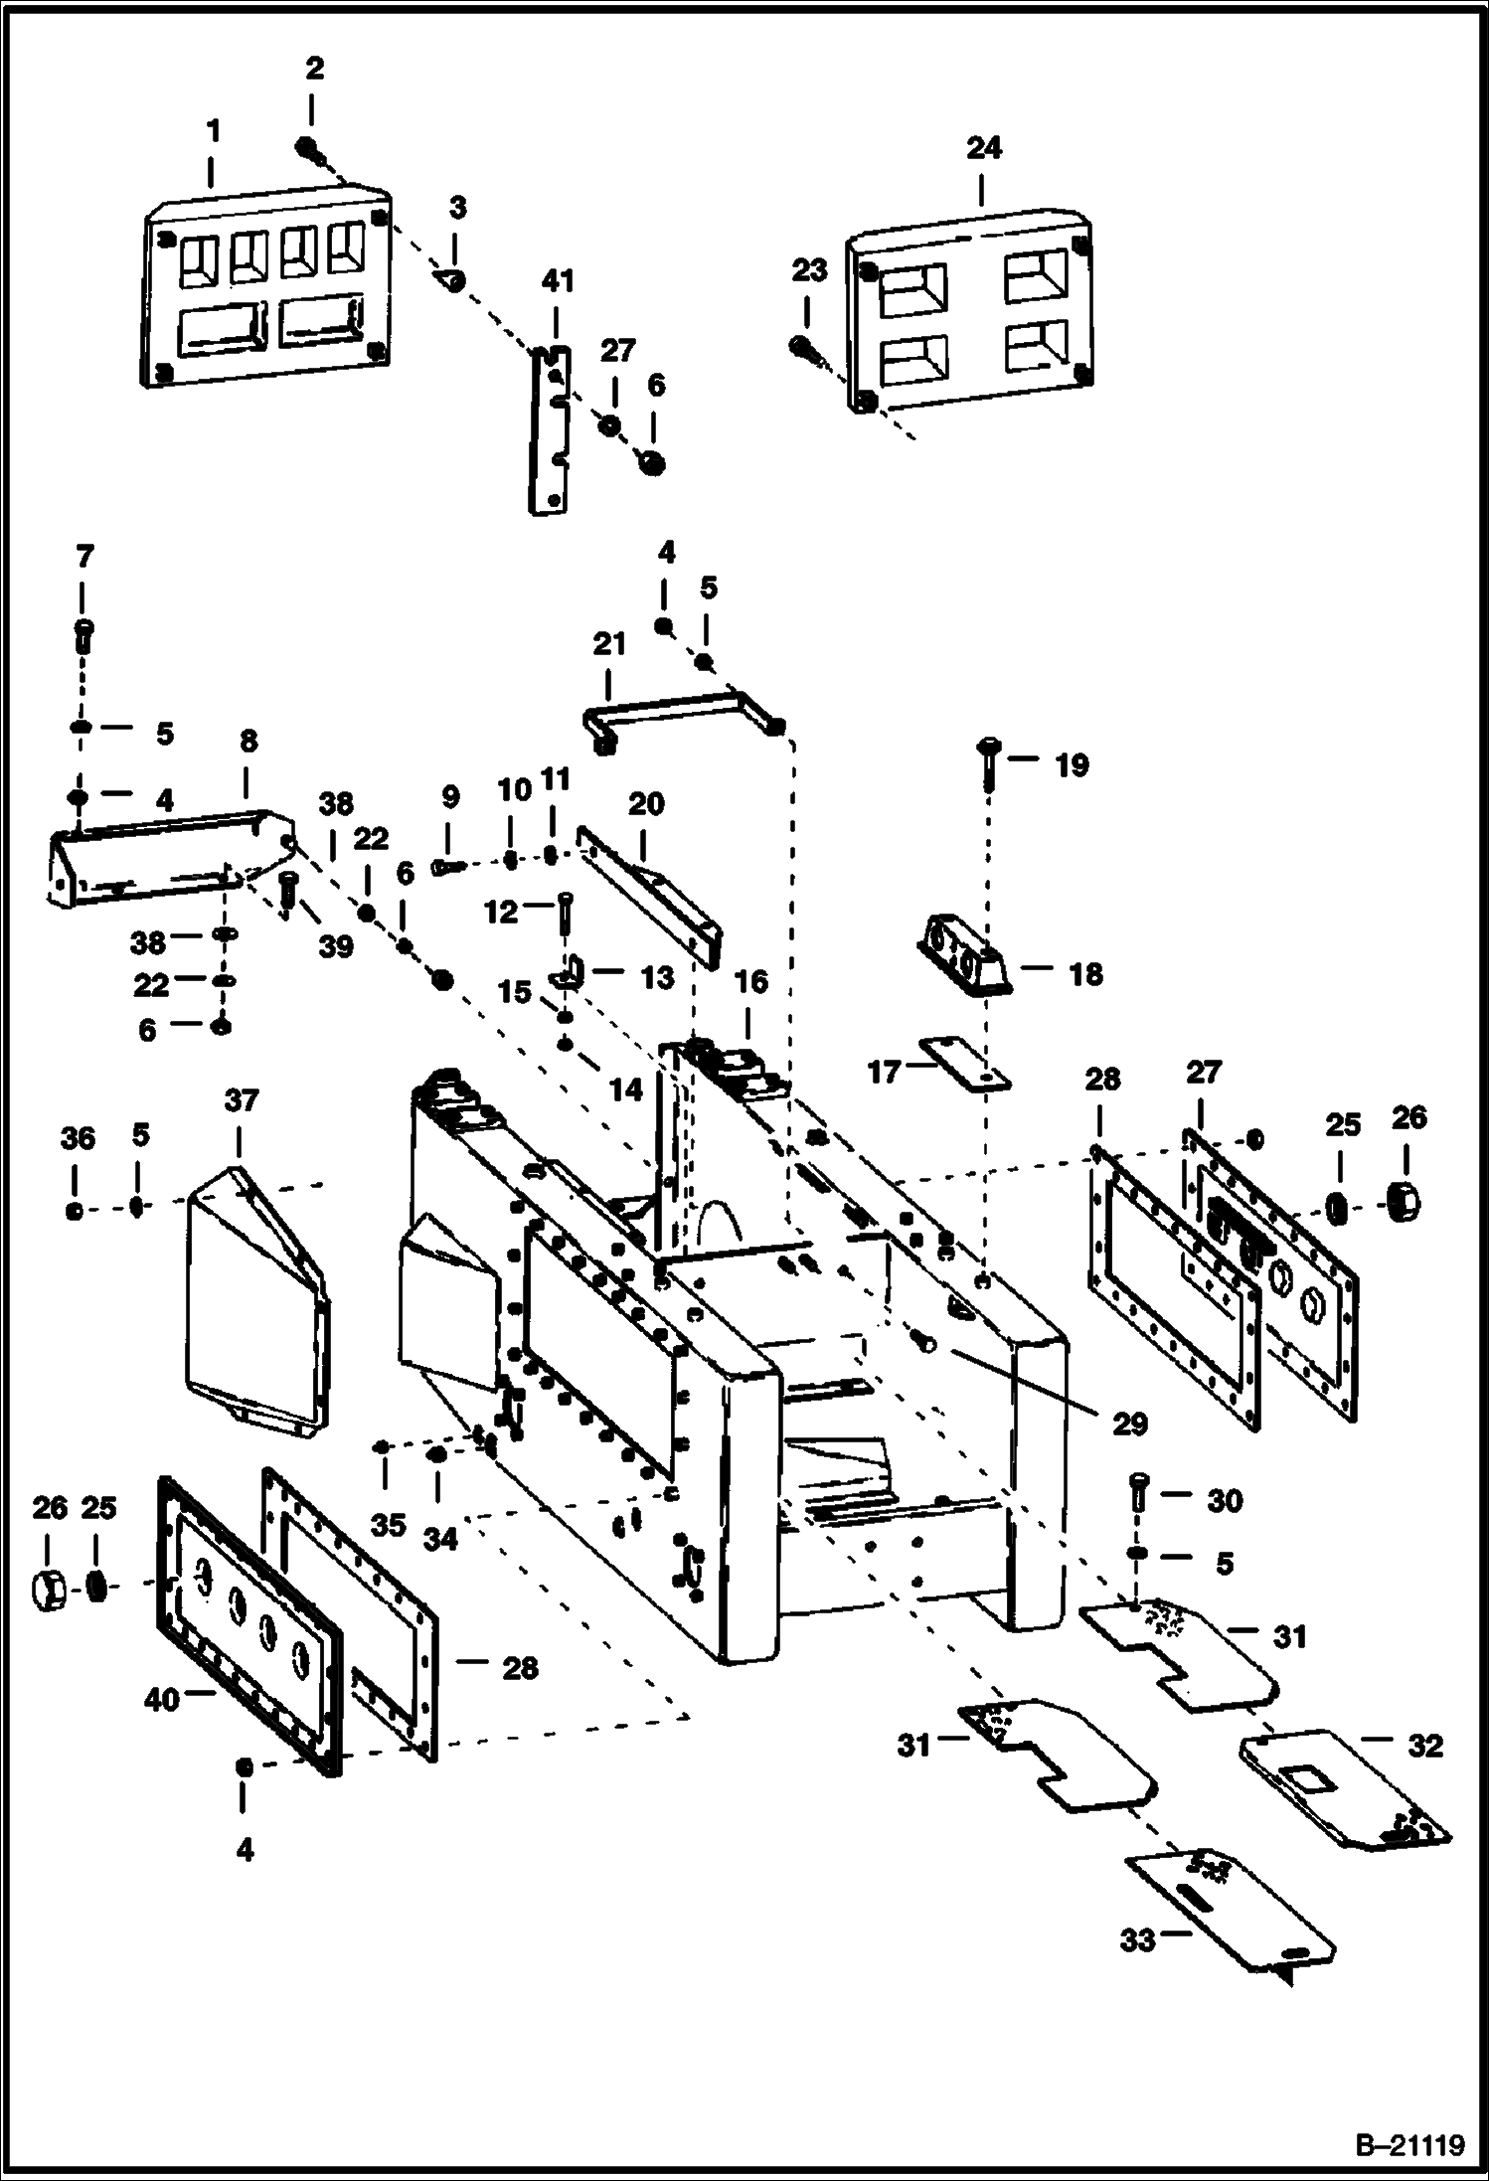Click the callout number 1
(213, 130)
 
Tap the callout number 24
(983, 148)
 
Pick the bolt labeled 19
(990, 761)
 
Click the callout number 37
(242, 1100)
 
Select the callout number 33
(1138, 1939)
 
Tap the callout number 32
(1424, 1746)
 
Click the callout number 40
(162, 1700)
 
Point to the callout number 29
(1130, 1424)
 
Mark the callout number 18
(1085, 974)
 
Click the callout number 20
(646, 803)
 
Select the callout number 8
(248, 741)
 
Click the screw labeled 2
(308, 149)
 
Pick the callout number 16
(750, 982)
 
